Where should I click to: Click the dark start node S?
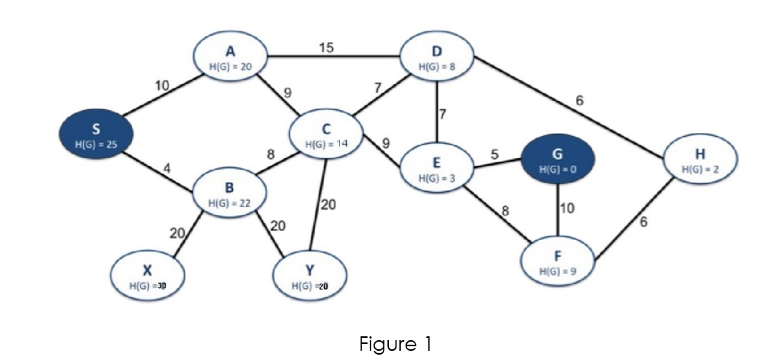[95, 135]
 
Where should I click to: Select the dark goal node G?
[557, 161]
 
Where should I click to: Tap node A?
[230, 59]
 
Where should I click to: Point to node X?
[147, 277]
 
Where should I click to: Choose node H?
[699, 160]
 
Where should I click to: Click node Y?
[309, 277]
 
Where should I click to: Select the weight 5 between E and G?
[494, 154]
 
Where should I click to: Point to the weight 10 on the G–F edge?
[568, 208]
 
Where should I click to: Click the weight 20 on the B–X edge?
[176, 233]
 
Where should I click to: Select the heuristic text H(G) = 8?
[436, 66]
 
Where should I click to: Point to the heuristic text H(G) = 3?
[436, 177]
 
